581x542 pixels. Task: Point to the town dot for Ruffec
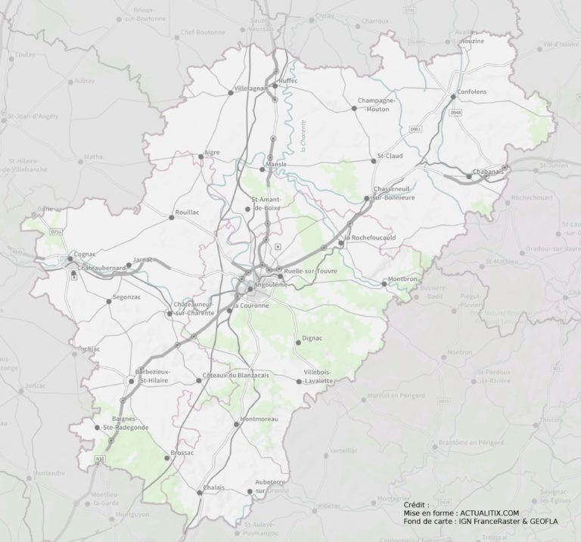pos(275,86)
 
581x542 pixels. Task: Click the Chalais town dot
pos(200,493)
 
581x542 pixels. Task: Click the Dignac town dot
pos(298,342)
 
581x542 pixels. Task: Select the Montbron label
pos(402,280)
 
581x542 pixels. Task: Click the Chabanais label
pos(490,172)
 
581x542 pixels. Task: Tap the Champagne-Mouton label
pos(377,104)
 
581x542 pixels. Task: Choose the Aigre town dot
pos(200,156)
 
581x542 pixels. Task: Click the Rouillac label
pos(188,213)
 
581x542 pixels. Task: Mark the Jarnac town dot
pos(129,265)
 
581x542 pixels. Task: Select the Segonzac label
pos(126,298)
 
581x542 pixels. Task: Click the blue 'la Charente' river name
pos(303,137)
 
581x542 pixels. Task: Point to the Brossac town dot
pos(168,457)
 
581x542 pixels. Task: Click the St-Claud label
pos(390,156)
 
